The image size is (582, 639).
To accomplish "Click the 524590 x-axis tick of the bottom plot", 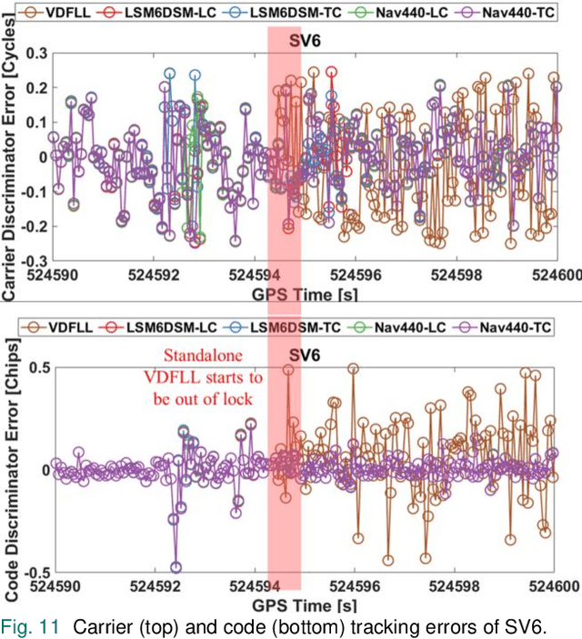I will (x=57, y=585).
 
